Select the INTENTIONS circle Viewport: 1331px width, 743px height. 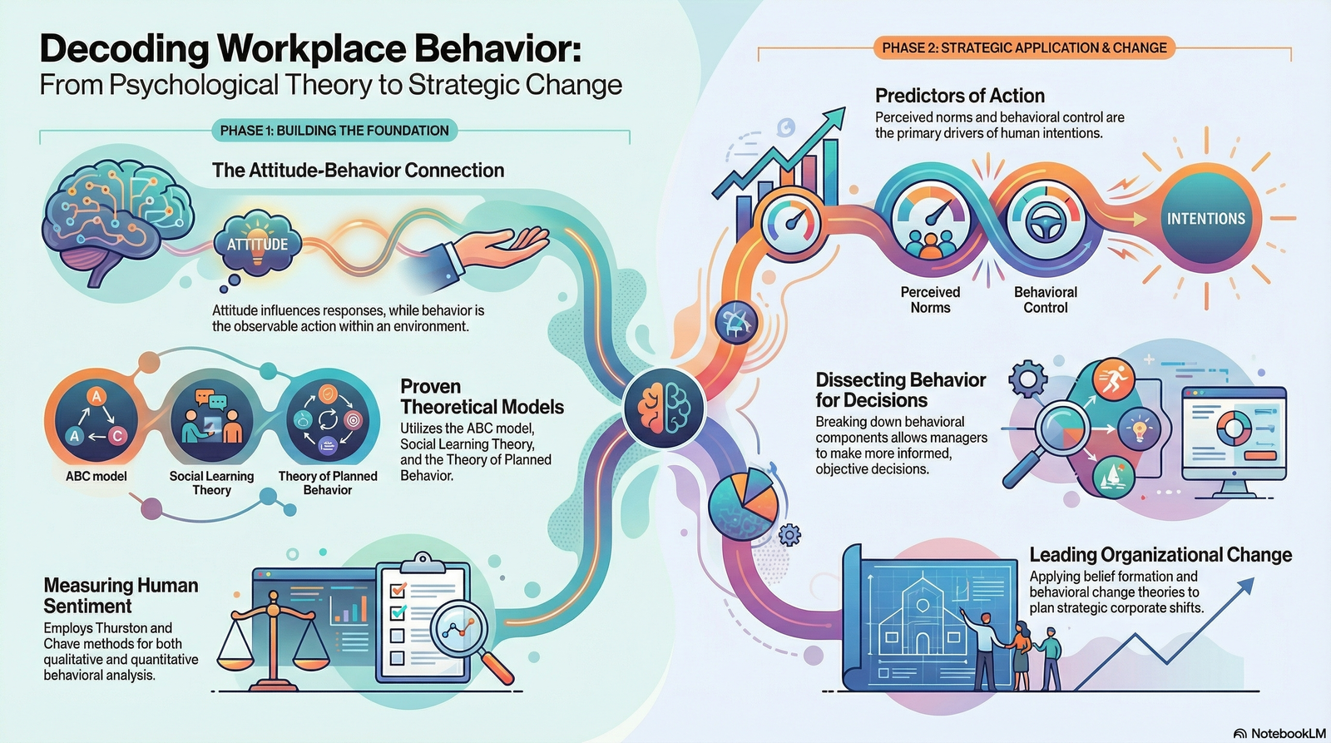[1205, 219]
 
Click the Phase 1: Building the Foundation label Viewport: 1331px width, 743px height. [334, 131]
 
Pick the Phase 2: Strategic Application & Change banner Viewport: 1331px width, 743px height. [1024, 48]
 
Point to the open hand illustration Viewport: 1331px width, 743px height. [499, 248]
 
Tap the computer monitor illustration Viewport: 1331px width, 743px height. [1234, 438]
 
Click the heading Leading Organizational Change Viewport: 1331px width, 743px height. [1160, 555]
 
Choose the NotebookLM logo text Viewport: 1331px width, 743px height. [1280, 733]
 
